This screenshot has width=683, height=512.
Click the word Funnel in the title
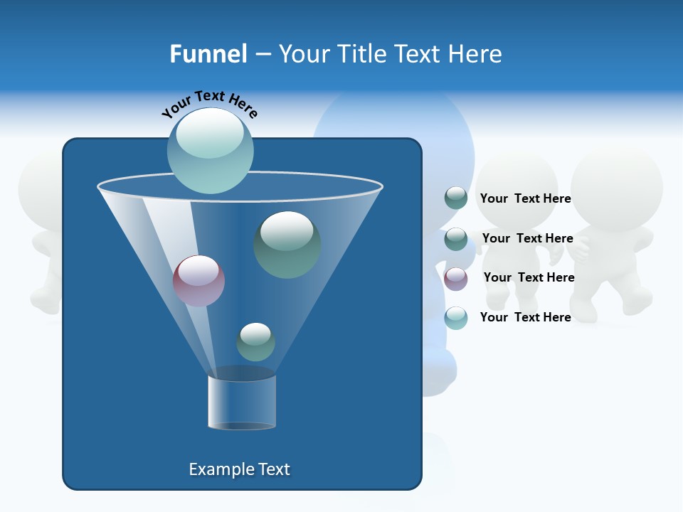tap(208, 54)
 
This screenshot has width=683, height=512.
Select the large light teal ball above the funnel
tap(210, 150)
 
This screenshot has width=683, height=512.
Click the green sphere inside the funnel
tap(287, 244)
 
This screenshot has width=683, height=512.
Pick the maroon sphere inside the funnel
tap(198, 280)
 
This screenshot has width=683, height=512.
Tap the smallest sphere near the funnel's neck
tap(255, 341)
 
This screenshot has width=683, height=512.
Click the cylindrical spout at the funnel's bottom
tap(242, 401)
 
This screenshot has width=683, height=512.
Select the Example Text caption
tap(239, 469)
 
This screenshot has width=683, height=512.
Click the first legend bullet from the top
tap(455, 198)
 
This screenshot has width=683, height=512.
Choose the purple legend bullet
tap(455, 278)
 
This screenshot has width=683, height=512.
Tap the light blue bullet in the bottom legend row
tap(455, 318)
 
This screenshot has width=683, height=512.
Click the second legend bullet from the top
tap(455, 238)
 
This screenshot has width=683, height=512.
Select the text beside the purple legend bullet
tap(529, 277)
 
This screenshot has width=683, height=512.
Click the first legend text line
tap(525, 198)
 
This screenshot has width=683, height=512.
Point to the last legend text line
tap(525, 317)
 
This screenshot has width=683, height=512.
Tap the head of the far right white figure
tap(616, 186)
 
